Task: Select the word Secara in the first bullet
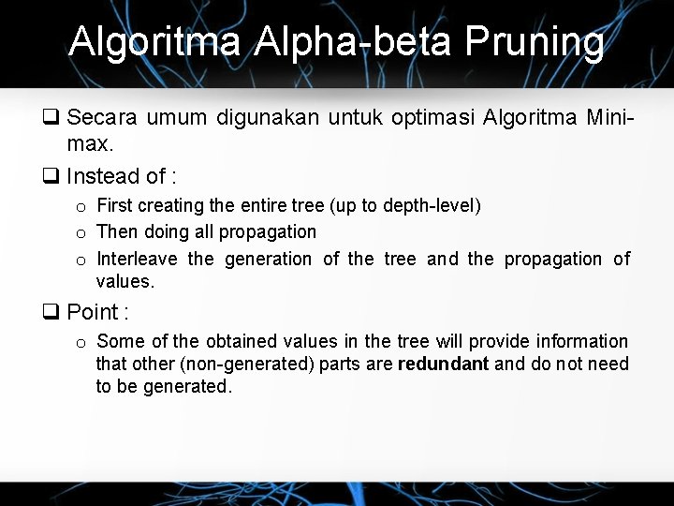pyautogui.click(x=103, y=118)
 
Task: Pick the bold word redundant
pyautogui.click(x=443, y=364)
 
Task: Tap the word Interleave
pyautogui.click(x=137, y=259)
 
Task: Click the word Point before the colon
pyautogui.click(x=93, y=312)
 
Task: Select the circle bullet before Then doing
pyautogui.click(x=81, y=233)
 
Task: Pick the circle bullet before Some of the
pyautogui.click(x=81, y=343)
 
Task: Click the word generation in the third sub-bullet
pyautogui.click(x=269, y=259)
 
